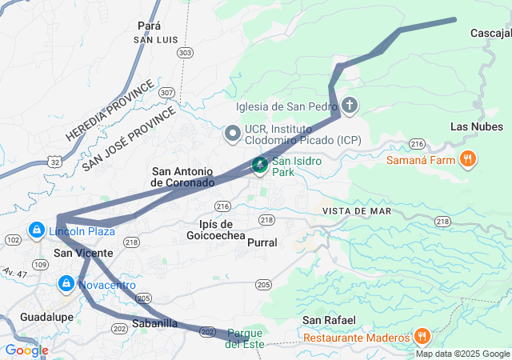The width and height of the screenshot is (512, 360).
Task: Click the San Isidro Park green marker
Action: coord(260,166)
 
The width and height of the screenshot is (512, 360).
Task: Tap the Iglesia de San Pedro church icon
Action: coord(349,106)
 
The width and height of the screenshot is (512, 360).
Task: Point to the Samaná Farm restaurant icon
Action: coord(468,158)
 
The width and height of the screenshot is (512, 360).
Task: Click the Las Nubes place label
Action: coord(477,126)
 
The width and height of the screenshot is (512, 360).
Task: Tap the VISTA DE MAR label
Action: coord(357,210)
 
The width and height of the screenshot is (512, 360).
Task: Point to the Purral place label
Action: coord(262,242)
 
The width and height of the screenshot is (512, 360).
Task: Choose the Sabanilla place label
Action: coord(154,323)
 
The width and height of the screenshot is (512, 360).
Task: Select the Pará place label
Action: coord(150,26)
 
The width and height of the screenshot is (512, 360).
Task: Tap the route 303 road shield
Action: coord(186,53)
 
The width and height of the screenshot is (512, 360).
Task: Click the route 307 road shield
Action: coord(166,93)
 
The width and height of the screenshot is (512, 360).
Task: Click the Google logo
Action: coord(26,350)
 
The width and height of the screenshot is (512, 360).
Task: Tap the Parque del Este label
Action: coord(245,338)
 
